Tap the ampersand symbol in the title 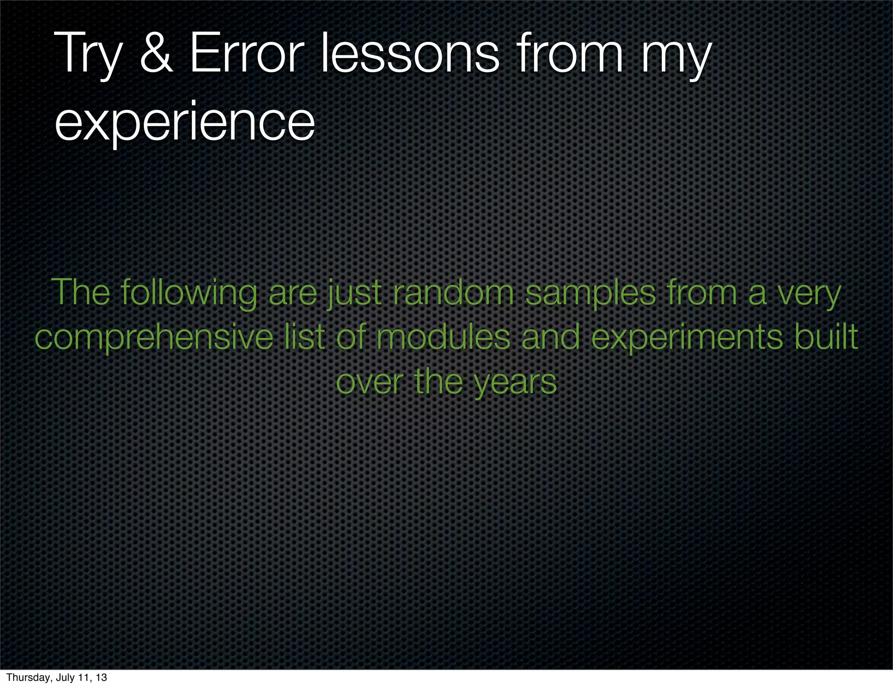coord(157,54)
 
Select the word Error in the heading coord(246,54)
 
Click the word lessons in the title coord(410,54)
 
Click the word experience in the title coord(184,122)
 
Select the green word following coord(189,293)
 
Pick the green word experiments coord(687,338)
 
